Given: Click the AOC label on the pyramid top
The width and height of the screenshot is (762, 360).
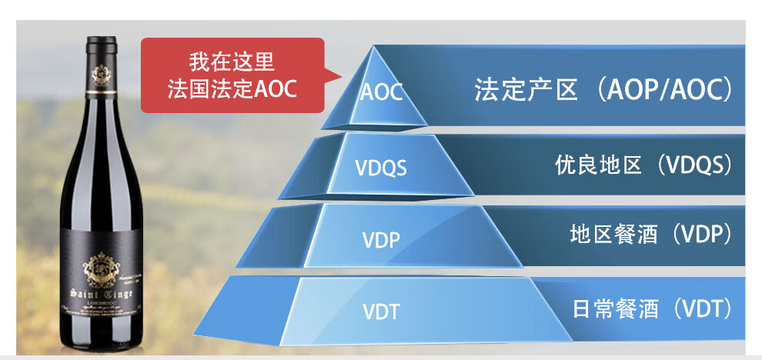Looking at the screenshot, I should (381, 92).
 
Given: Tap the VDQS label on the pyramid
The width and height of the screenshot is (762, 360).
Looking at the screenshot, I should (380, 167).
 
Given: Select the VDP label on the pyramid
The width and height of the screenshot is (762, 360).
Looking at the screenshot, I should (381, 239).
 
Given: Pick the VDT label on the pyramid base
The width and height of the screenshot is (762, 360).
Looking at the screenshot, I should (381, 312).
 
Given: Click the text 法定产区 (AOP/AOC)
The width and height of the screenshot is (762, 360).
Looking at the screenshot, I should (602, 91).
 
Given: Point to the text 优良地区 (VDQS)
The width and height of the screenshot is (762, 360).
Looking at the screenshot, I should (642, 165).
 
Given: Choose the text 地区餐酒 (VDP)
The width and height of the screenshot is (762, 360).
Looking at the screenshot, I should (650, 234).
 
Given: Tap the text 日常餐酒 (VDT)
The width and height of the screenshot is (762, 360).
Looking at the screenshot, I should (650, 309).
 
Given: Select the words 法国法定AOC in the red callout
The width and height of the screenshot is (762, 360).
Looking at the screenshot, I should (232, 88).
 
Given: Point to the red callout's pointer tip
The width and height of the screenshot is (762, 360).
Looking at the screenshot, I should (339, 75).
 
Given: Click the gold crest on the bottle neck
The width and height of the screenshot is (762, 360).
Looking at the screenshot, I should (101, 75).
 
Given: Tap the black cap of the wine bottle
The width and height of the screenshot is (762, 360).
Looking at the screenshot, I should (101, 46).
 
